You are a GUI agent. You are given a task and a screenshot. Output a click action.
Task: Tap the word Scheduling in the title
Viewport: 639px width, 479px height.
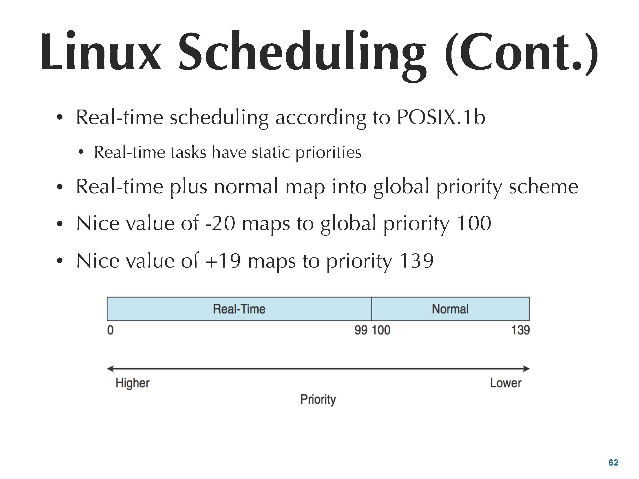(x=302, y=55)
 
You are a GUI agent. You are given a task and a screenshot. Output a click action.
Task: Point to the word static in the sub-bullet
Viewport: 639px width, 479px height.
(x=271, y=152)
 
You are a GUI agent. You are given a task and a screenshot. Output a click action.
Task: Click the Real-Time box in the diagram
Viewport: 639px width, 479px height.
(x=239, y=309)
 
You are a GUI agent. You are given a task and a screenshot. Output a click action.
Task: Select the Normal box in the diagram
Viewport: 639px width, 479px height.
(x=450, y=309)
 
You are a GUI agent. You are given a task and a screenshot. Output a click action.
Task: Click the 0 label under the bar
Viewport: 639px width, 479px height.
(x=110, y=330)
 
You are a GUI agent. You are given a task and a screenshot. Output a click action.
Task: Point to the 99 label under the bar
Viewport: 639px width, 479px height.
(x=361, y=330)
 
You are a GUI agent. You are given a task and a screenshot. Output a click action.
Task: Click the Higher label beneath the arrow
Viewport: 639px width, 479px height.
(x=133, y=383)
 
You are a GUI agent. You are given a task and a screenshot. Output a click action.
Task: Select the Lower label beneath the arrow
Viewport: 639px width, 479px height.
(x=506, y=383)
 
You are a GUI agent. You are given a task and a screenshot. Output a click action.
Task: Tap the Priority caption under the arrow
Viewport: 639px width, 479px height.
(x=318, y=400)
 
